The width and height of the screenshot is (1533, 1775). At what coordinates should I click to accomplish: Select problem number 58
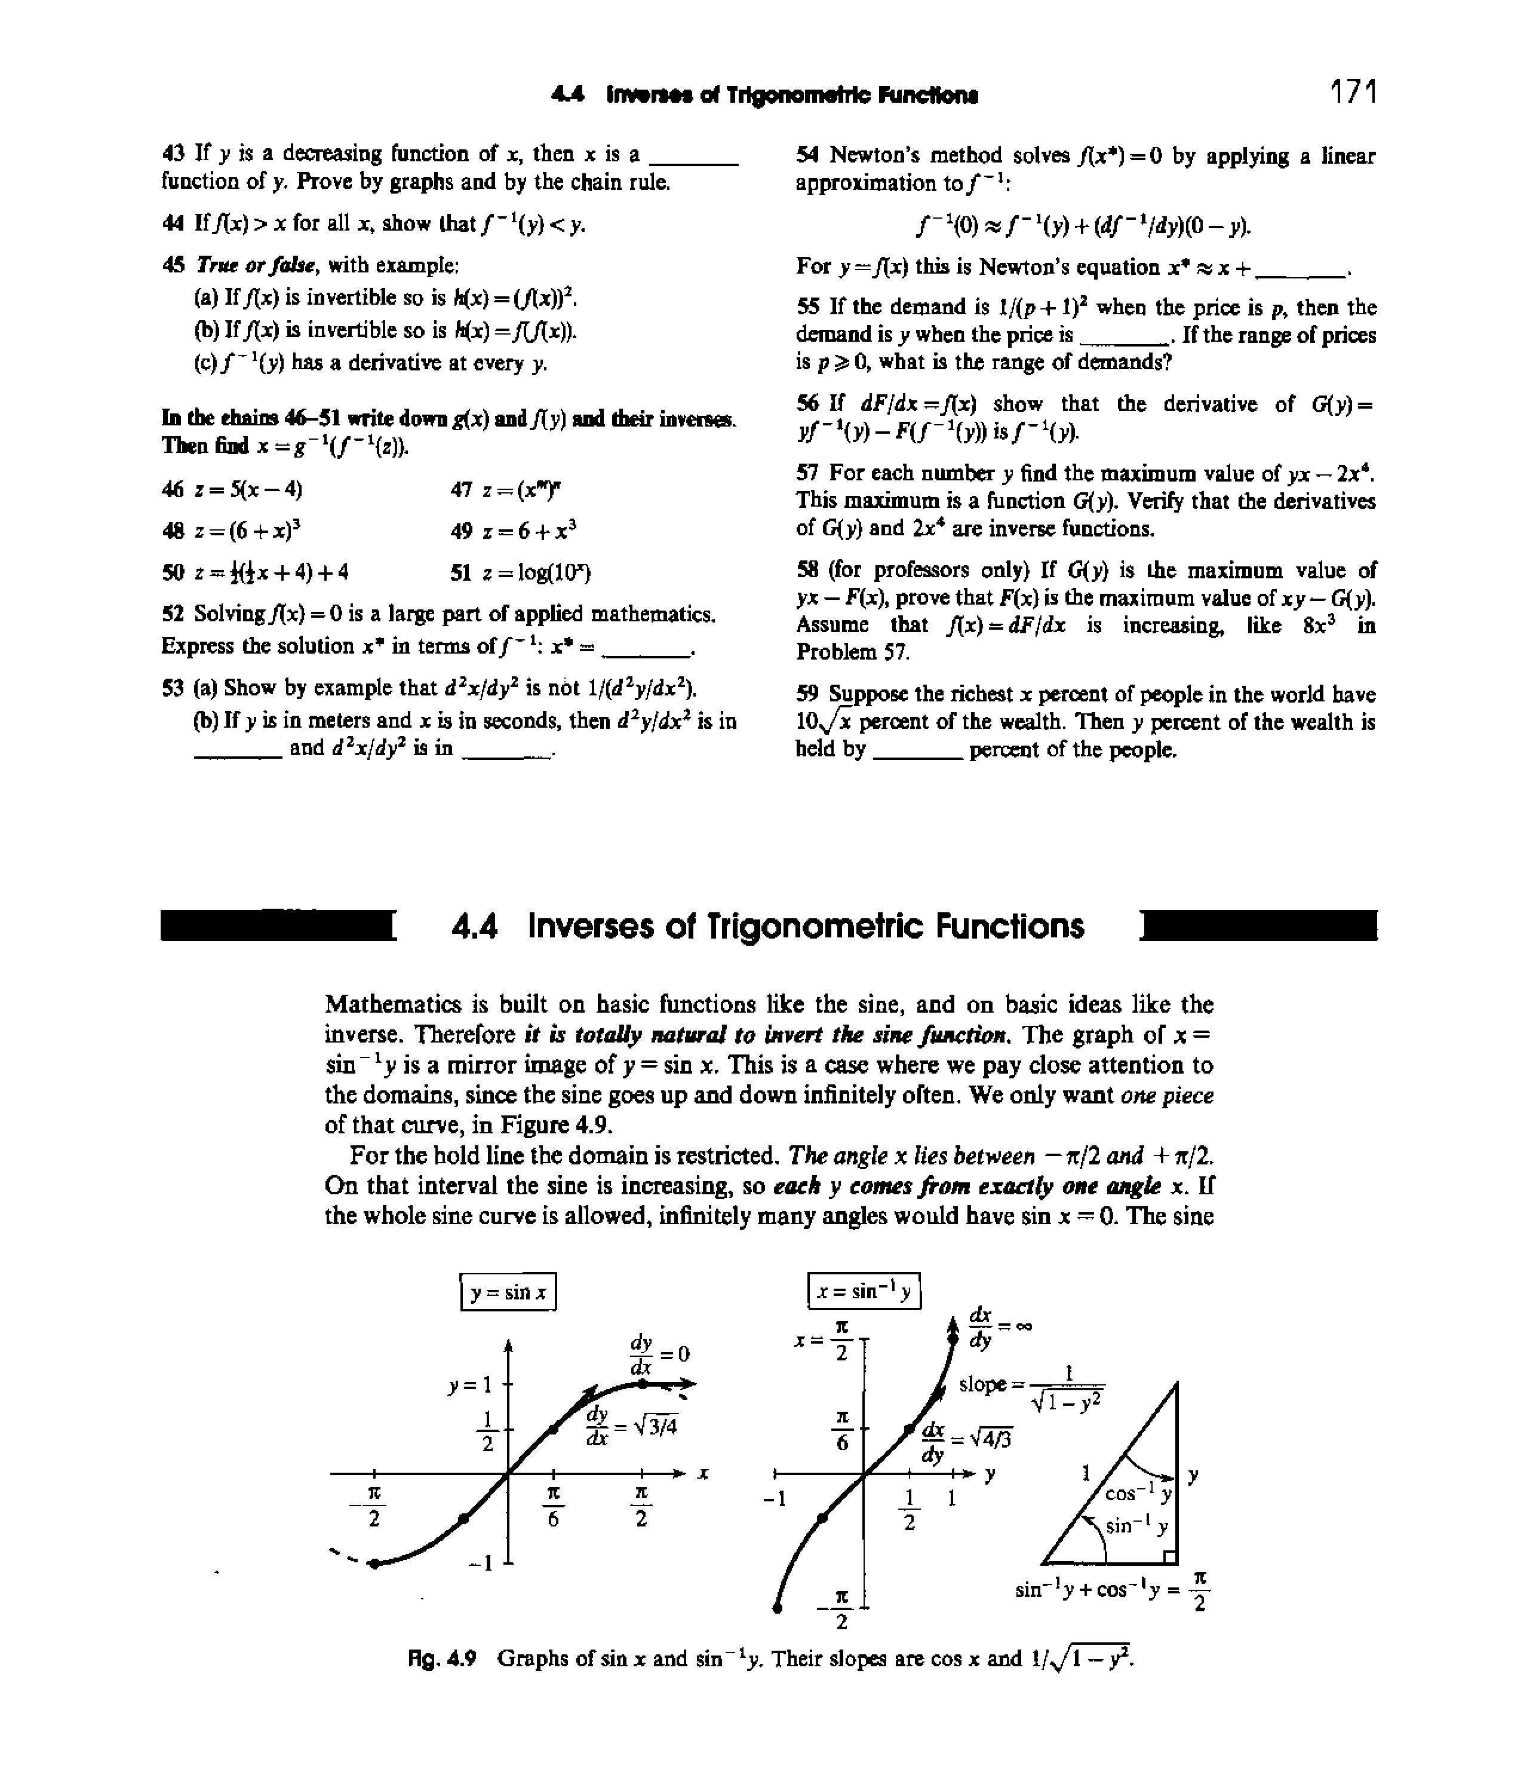[807, 571]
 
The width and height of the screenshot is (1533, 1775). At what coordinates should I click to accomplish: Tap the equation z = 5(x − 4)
[231, 489]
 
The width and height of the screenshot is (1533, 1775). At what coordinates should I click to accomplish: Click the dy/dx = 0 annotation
[659, 1354]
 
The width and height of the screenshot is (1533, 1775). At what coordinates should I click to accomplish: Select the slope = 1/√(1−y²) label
[1032, 1387]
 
